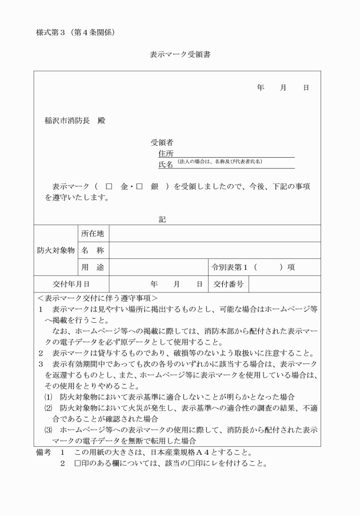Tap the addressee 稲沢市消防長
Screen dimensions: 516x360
pyautogui.click(x=67, y=121)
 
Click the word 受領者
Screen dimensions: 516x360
pyautogui.click(x=162, y=142)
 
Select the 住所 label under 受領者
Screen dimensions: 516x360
pyautogui.click(x=166, y=153)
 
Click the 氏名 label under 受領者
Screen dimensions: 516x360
pyautogui.click(x=166, y=165)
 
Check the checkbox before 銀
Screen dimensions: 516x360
pyautogui.click(x=138, y=187)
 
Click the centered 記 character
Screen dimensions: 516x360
pyautogui.click(x=162, y=219)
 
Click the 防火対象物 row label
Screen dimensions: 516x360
pyautogui.click(x=56, y=250)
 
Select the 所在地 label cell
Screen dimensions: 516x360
pyautogui.click(x=92, y=234)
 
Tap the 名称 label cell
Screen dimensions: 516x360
pyautogui.click(x=92, y=250)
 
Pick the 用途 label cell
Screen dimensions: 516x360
pyautogui.click(x=92, y=267)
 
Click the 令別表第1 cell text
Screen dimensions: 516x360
pyautogui.click(x=230, y=267)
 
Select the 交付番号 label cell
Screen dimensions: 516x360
pyautogui.click(x=229, y=283)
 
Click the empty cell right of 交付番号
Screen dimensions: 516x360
pyautogui.click(x=285, y=283)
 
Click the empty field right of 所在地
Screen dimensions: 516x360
pyautogui.click(x=214, y=234)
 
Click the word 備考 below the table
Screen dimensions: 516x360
pyautogui.click(x=44, y=451)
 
